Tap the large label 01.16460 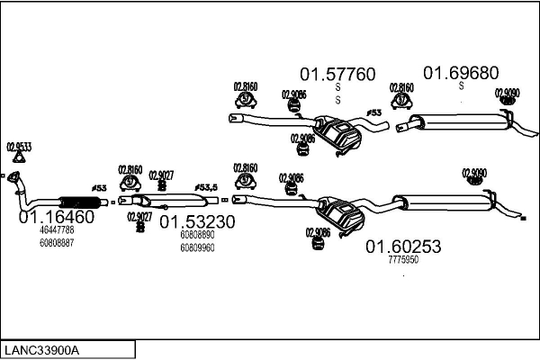[57, 217]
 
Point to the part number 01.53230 [197, 221]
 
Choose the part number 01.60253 [402, 246]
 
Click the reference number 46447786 [57, 230]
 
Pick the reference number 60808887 [57, 242]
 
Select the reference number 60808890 [197, 235]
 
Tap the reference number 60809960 [197, 247]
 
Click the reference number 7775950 [402, 259]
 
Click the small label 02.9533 [19, 146]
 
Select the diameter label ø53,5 [209, 187]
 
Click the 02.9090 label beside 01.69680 [507, 92]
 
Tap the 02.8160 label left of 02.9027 [130, 168]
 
